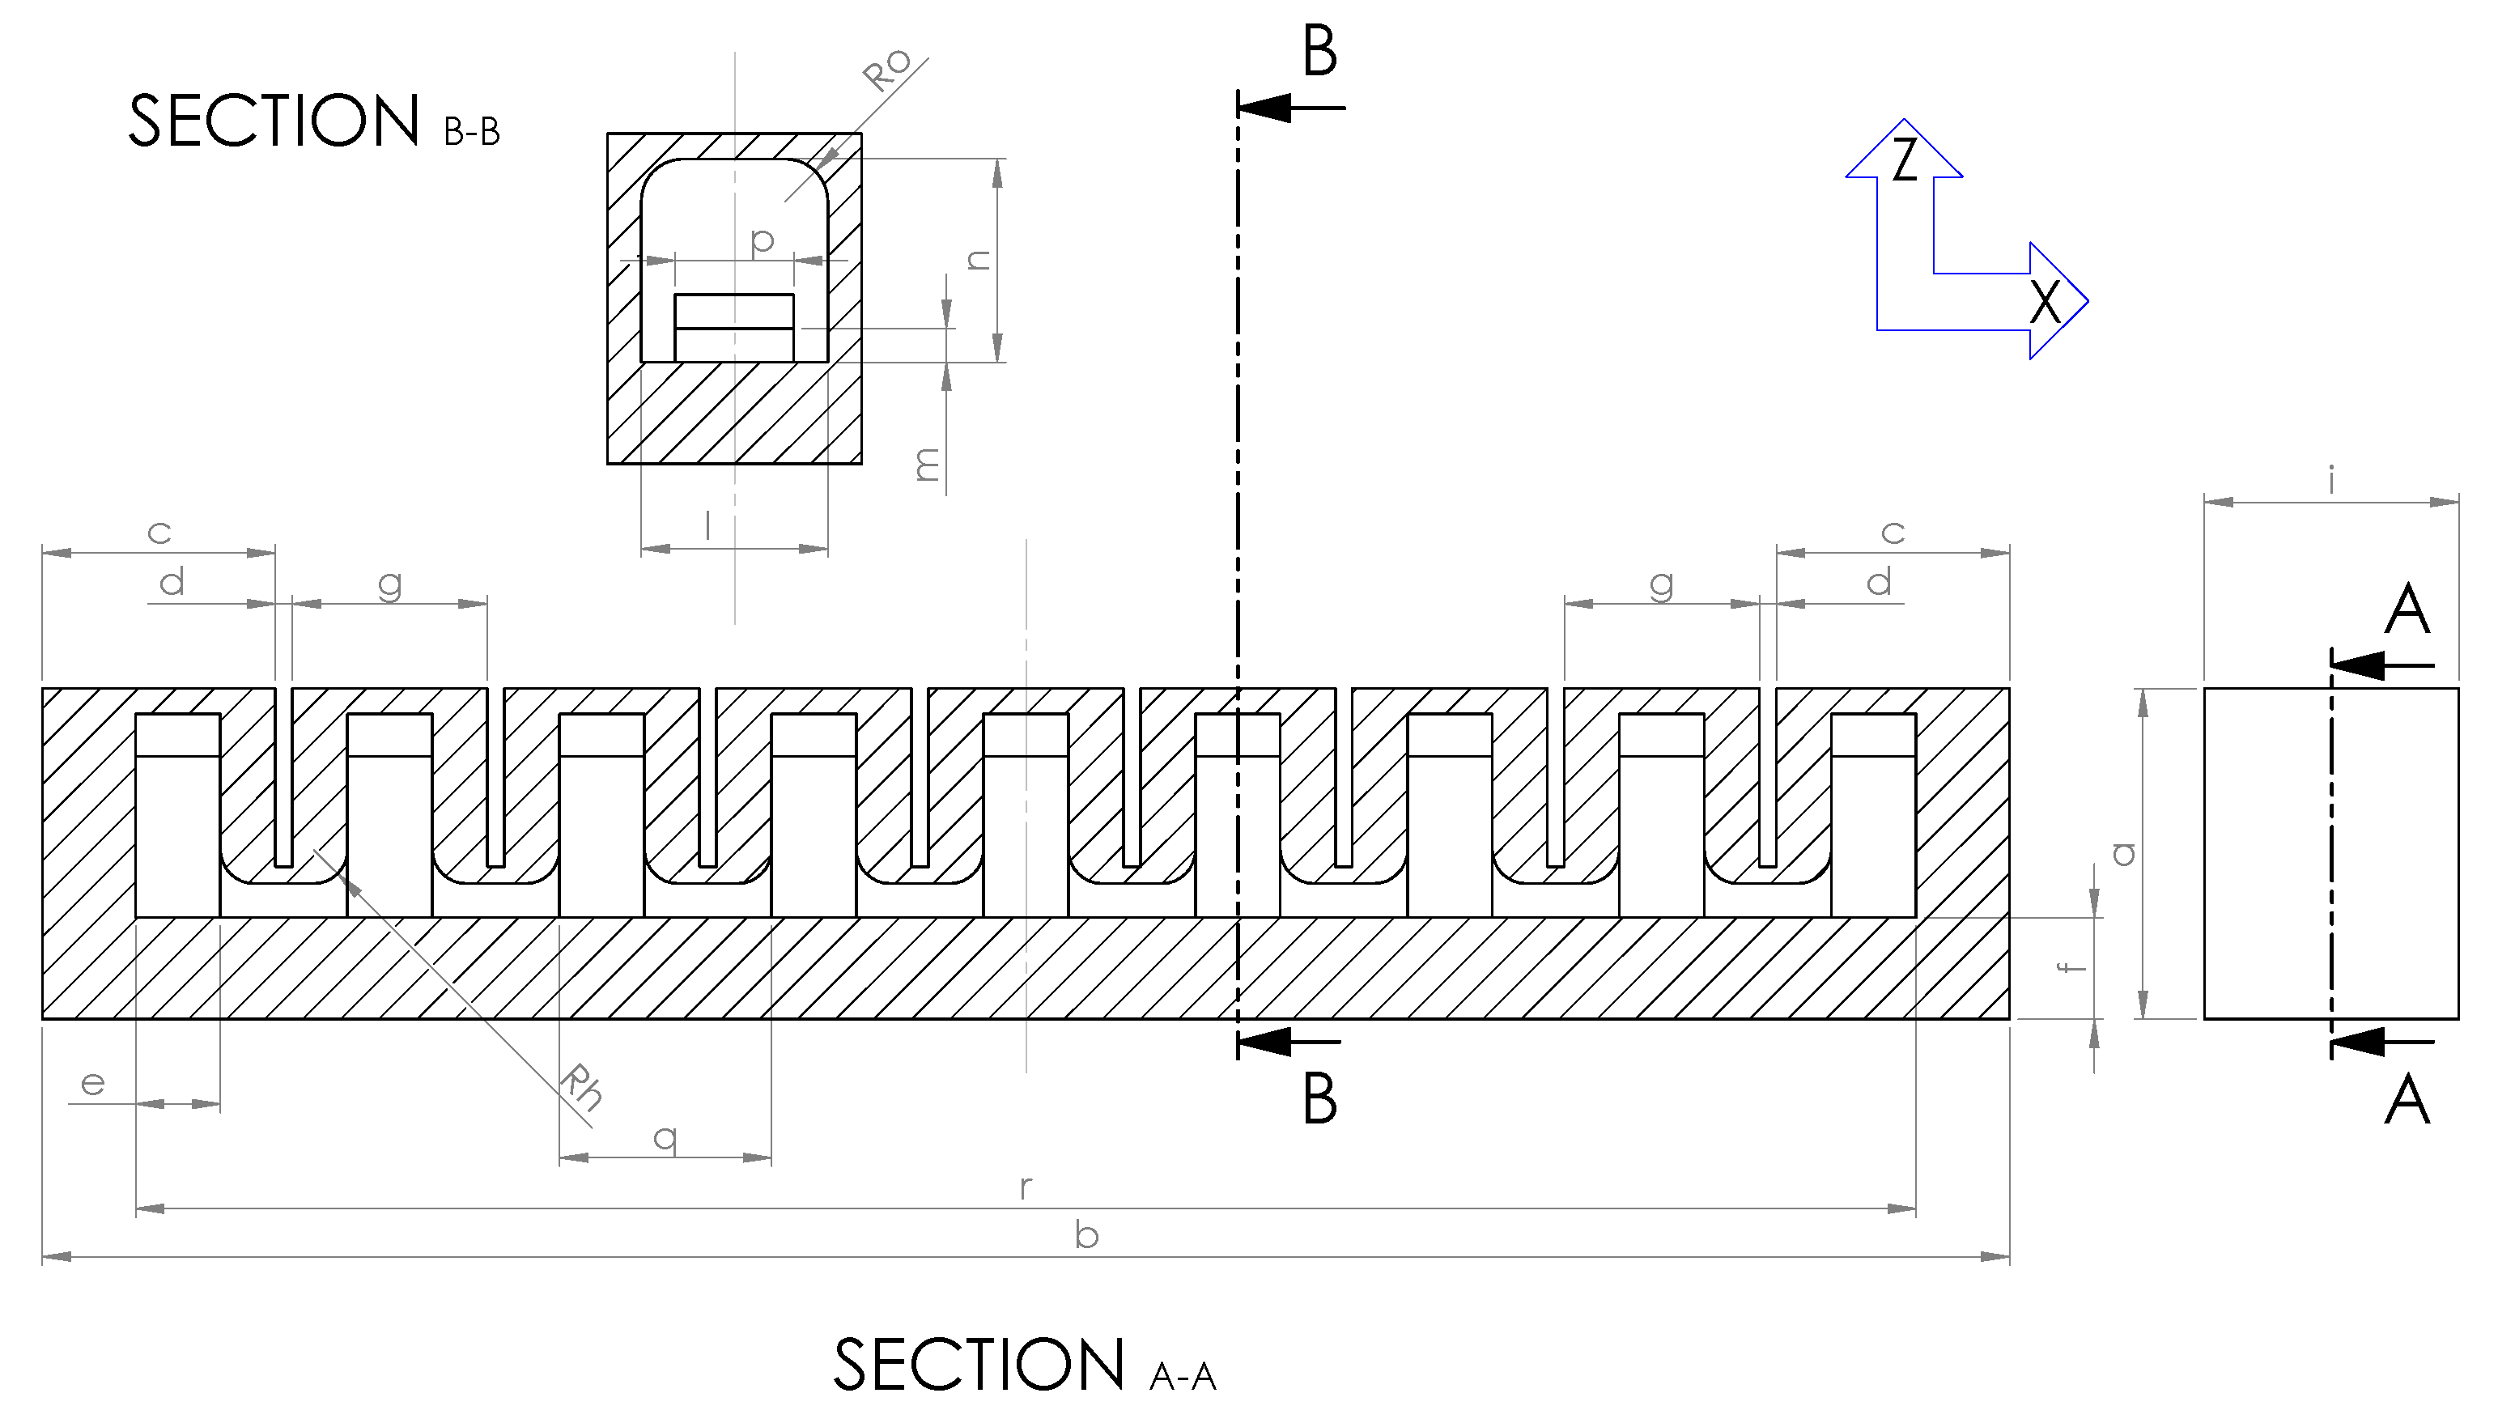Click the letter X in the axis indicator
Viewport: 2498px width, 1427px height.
pos(2044,301)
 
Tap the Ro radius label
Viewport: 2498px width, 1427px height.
pos(887,70)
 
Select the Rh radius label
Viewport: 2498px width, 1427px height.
pos(580,1087)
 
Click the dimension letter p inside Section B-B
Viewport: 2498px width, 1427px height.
pos(762,240)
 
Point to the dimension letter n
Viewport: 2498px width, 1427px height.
pos(978,259)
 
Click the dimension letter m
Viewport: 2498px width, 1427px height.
pos(927,464)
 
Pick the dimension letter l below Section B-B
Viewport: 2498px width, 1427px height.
pos(707,526)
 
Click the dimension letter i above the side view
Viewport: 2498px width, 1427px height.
pos(2331,480)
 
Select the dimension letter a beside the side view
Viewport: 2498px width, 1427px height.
pos(2122,854)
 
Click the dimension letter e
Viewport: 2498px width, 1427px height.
pos(92,1083)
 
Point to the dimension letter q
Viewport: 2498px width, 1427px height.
pos(665,1137)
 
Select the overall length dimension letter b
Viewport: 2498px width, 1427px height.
pos(1085,1235)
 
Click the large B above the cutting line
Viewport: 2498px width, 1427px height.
pos(1319,52)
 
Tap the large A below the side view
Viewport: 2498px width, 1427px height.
pos(2407,1100)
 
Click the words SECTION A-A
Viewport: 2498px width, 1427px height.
pos(1024,1365)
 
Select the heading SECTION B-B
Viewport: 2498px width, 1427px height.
pos(313,121)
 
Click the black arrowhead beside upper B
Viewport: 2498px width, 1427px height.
pos(1266,107)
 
